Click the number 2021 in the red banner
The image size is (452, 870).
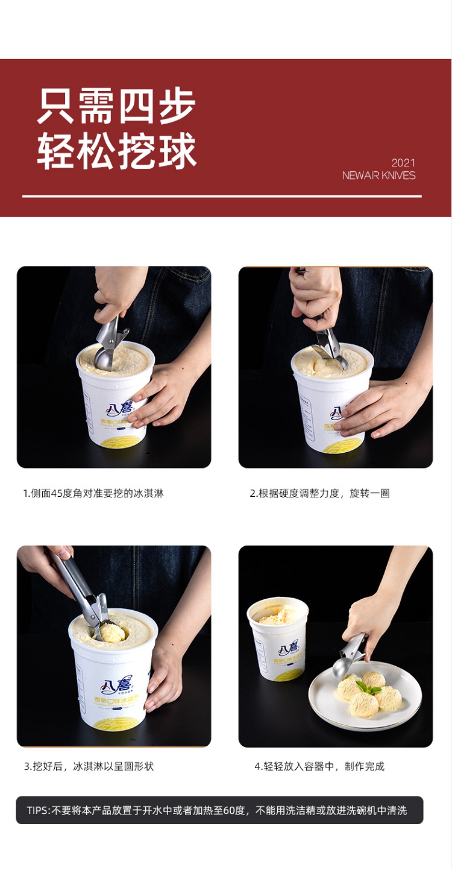403,162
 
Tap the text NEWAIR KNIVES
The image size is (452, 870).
378,175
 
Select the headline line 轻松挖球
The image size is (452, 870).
116,151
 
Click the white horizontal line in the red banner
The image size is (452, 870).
222,197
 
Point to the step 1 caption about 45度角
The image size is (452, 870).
93,493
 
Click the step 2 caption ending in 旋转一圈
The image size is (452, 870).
319,493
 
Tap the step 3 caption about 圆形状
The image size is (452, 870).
89,766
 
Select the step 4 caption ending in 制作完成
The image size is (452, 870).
319,766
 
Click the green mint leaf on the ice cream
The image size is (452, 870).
368,687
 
